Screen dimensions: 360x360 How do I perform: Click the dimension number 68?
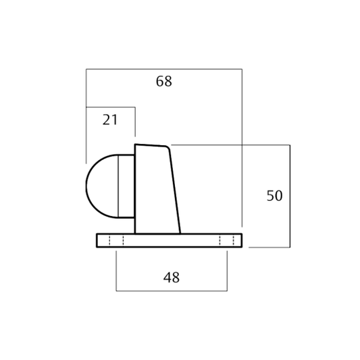click(x=163, y=81)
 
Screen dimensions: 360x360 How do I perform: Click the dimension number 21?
click(x=110, y=120)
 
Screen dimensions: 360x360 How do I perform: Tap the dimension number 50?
click(x=274, y=196)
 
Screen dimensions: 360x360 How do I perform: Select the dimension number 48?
click(x=172, y=278)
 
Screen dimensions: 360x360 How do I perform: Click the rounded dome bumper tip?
click(x=86, y=186)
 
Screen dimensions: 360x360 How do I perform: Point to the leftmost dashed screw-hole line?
click(x=109, y=240)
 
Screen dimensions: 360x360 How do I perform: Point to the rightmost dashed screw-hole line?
click(x=234, y=240)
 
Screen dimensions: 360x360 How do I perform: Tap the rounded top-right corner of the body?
click(x=168, y=147)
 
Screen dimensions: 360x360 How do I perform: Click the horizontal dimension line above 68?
click(x=164, y=69)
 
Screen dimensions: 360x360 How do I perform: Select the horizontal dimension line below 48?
click(x=172, y=291)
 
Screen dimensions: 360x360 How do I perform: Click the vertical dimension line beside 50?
click(x=290, y=196)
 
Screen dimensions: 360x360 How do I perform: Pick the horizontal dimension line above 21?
click(x=111, y=107)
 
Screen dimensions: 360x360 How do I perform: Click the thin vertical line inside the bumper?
click(x=118, y=186)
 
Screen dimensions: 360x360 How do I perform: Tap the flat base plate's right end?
click(x=242, y=240)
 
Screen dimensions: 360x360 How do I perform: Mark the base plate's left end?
click(x=97, y=240)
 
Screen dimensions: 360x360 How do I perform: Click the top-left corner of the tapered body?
click(x=135, y=145)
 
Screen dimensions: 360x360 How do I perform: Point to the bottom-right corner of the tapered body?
click(x=180, y=234)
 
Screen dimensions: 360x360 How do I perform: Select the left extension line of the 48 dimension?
click(x=116, y=271)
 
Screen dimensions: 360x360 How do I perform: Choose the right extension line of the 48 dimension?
click(x=228, y=271)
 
